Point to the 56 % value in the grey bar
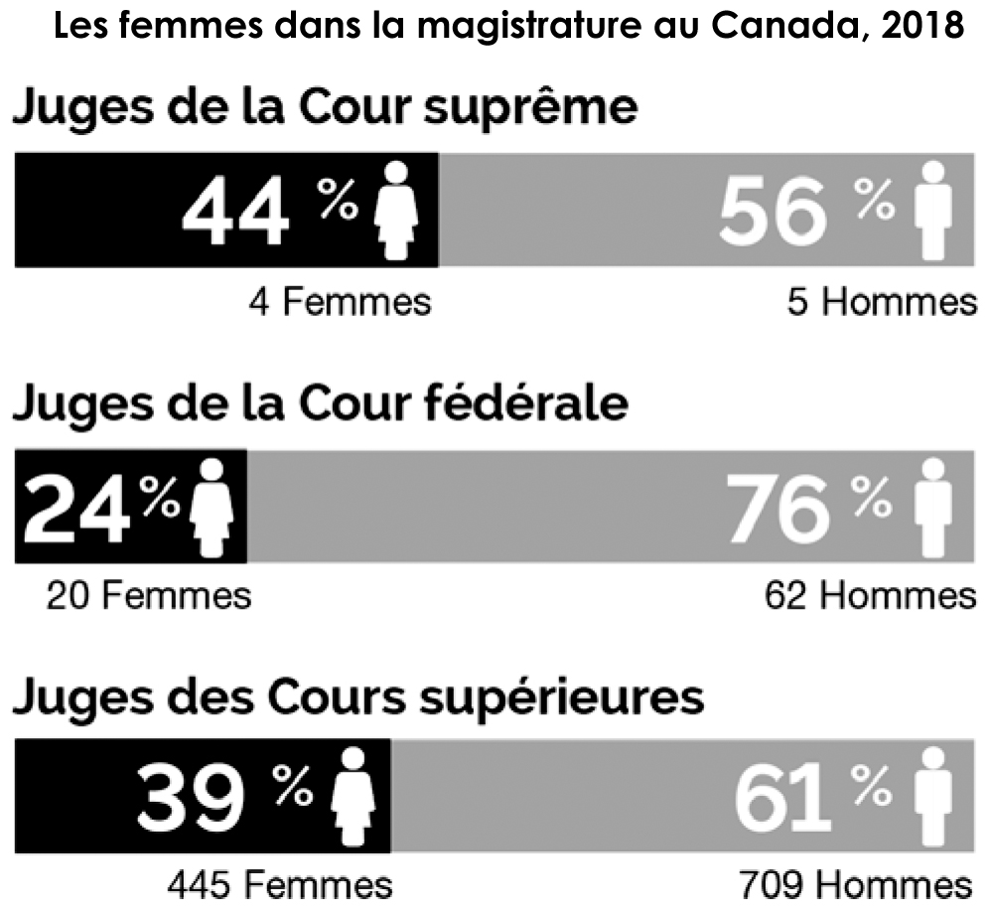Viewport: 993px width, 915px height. pos(804,212)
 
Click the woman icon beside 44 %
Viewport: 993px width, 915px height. pos(397,210)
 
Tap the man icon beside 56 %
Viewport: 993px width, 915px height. pos(932,210)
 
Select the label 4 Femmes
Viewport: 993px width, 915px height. pos(340,300)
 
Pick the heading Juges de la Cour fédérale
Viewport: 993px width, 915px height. pos(320,405)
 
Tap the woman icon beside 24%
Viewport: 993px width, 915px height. pos(211,507)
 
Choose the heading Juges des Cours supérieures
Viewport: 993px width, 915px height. pos(357,697)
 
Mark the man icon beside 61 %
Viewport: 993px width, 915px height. pos(932,795)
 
